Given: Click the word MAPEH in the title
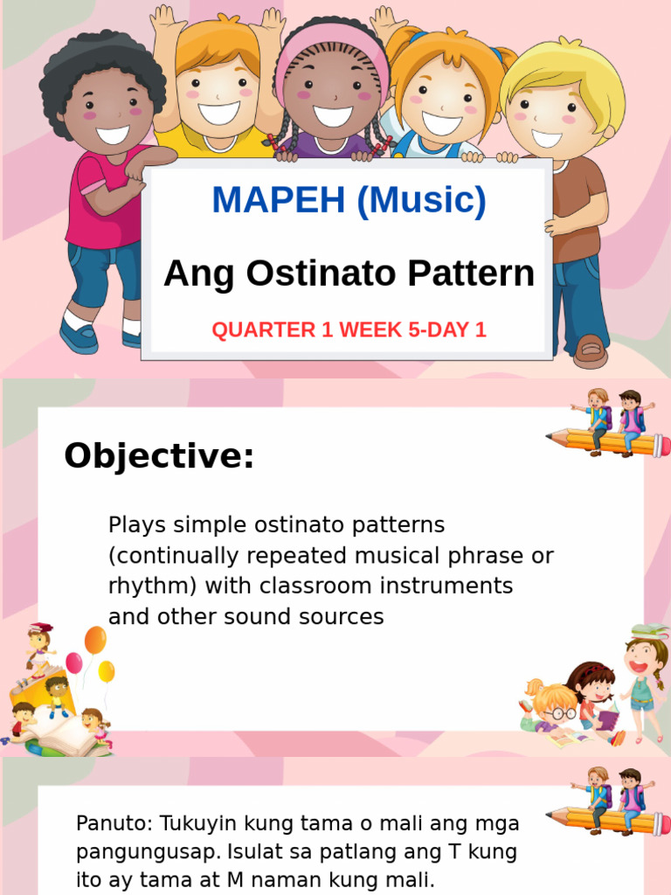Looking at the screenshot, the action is (x=279, y=200).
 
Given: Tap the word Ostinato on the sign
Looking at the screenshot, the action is (x=322, y=273).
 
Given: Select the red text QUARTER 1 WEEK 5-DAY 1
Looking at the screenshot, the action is (x=349, y=330).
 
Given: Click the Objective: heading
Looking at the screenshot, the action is (x=159, y=456).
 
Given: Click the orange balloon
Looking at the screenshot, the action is (x=95, y=640).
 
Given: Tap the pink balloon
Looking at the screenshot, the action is (x=74, y=663).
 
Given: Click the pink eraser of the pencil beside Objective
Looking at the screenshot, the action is (x=662, y=445).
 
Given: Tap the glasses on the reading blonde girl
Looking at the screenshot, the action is (x=557, y=713).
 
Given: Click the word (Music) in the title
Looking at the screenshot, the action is (x=422, y=200).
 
